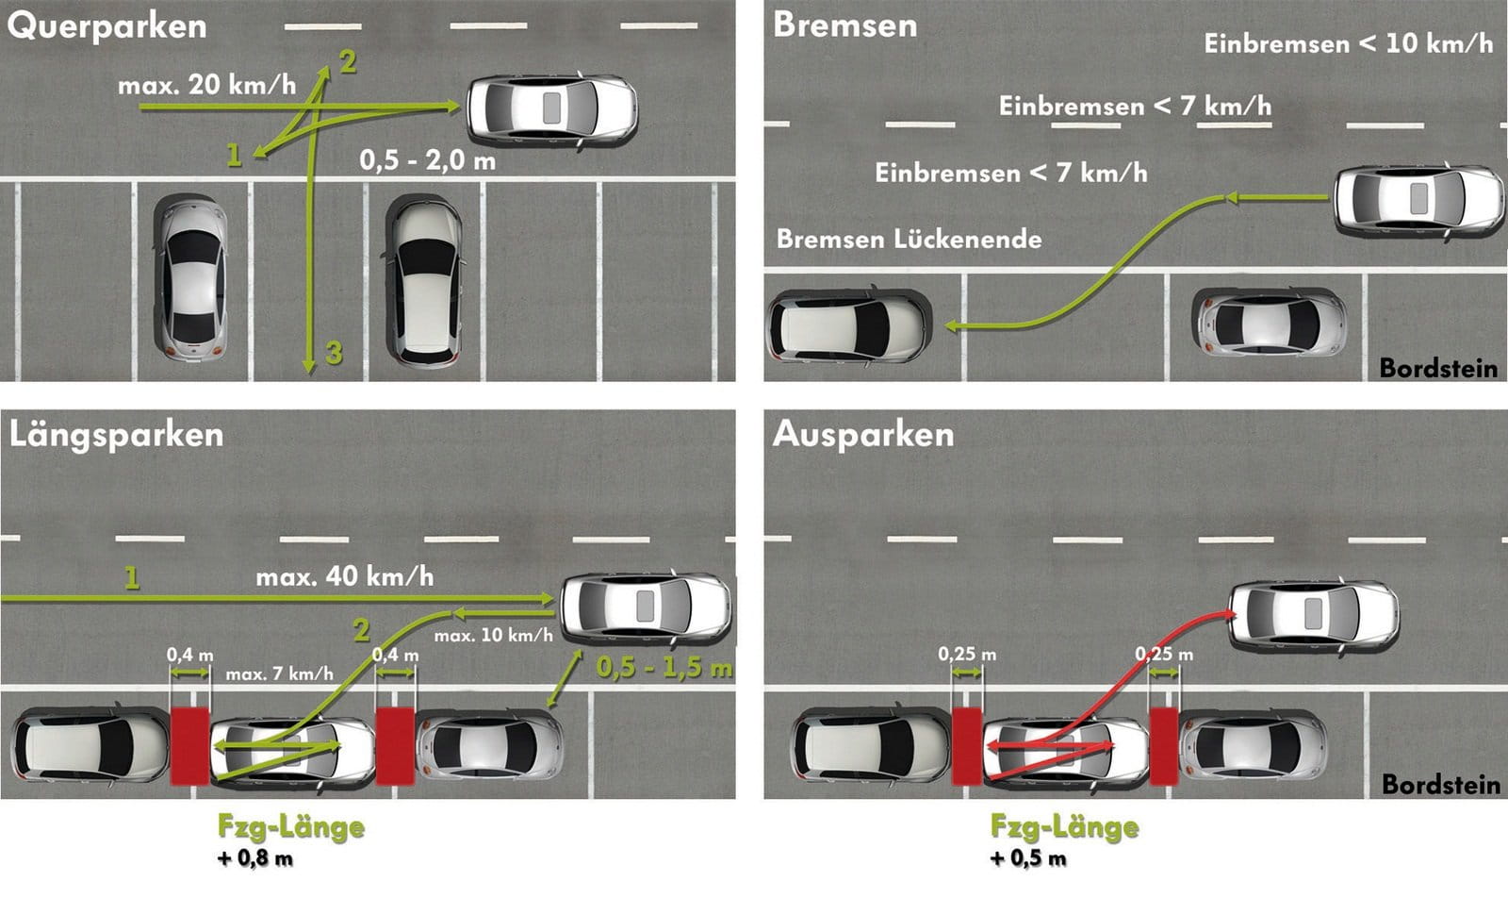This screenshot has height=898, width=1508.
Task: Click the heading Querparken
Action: [107, 26]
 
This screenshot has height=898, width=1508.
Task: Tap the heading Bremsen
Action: [844, 25]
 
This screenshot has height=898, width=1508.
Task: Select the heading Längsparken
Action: [116, 435]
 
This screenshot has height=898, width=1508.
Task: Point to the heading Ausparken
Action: [863, 435]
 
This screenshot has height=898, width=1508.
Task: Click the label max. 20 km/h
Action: [206, 85]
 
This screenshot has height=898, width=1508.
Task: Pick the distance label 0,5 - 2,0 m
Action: [427, 159]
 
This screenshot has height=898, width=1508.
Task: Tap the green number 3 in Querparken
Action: [334, 353]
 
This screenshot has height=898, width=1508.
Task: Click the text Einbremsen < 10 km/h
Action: [1348, 43]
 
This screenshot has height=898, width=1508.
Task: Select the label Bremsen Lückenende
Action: [909, 239]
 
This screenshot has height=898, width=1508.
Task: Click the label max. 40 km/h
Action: [344, 576]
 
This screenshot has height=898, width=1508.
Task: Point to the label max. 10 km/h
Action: [493, 636]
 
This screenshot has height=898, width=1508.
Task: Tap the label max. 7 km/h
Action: [279, 673]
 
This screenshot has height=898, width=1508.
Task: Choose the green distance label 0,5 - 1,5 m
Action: [664, 668]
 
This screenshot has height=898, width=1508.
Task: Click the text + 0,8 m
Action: [254, 858]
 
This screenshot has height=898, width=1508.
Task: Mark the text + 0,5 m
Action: [1027, 858]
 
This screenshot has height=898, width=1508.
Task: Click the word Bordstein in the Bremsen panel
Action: [1438, 368]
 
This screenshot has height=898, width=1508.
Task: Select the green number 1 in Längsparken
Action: [132, 577]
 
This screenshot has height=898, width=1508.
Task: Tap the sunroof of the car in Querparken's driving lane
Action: [552, 108]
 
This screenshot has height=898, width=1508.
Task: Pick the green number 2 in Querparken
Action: [348, 62]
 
